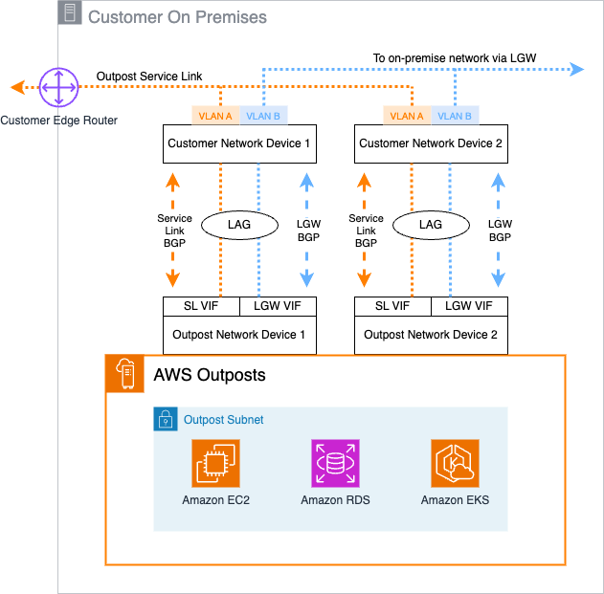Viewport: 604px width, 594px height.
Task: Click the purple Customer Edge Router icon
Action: coord(58,87)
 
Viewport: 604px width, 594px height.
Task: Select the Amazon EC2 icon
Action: coord(215,463)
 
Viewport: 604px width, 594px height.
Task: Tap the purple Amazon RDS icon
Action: coord(335,463)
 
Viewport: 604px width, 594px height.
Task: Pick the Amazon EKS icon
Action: coord(455,463)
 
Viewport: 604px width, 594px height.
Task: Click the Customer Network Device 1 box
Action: coord(239,143)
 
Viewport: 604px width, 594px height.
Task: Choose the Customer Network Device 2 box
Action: coord(431,143)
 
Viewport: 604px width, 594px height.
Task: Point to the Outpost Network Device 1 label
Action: coord(239,335)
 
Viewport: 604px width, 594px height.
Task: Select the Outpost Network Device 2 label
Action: coord(431,335)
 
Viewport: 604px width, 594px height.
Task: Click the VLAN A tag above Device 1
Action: coord(215,116)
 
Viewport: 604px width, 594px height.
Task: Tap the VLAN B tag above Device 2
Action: coord(455,116)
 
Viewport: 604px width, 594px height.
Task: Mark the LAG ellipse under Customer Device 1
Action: coord(239,225)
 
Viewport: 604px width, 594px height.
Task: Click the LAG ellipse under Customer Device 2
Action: coord(431,225)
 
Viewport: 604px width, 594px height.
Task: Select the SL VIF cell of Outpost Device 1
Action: coord(201,306)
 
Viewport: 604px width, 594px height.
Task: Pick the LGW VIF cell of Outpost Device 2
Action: coord(469,306)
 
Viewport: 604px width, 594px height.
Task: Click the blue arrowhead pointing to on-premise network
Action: coord(577,69)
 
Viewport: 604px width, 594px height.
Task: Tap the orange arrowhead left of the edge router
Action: coord(18,87)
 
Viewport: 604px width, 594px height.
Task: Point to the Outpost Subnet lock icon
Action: coord(166,419)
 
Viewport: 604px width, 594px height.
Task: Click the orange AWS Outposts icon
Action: coord(124,373)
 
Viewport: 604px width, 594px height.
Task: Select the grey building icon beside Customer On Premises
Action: coord(70,12)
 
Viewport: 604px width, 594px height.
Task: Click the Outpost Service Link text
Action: coord(149,77)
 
